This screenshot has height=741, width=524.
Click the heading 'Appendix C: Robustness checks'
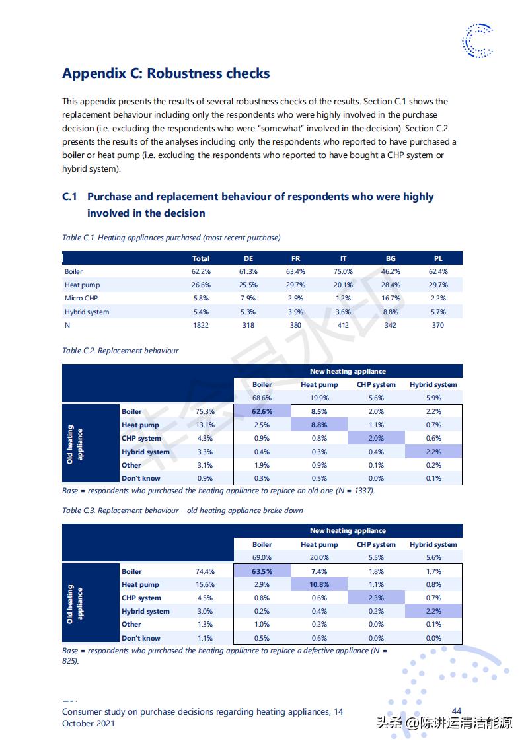pos(166,73)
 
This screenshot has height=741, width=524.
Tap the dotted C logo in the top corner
pos(477,40)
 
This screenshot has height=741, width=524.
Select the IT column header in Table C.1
pos(343,258)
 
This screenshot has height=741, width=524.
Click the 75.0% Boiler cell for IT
pos(343,271)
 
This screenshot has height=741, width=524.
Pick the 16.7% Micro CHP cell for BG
pos(391,299)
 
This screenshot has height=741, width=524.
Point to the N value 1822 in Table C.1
pos(201,325)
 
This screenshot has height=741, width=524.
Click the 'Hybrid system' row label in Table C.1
pos(87,312)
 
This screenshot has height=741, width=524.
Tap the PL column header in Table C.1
pos(438,258)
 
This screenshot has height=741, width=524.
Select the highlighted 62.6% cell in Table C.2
pos(262,411)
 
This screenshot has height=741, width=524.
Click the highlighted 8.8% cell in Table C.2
pos(319,425)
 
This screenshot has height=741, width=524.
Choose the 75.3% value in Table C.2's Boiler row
pos(205,411)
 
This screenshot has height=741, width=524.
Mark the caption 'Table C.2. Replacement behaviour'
pos(120,351)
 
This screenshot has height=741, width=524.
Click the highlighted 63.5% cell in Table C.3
pos(262,571)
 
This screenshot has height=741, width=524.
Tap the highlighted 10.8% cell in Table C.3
pos(319,584)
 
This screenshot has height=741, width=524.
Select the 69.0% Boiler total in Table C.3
pos(262,557)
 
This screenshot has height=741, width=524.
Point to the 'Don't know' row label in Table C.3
pos(141,638)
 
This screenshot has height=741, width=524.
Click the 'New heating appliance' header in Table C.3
pos(348,530)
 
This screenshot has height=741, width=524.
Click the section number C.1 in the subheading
pos(70,197)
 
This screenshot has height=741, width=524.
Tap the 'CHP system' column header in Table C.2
pos(376,384)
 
